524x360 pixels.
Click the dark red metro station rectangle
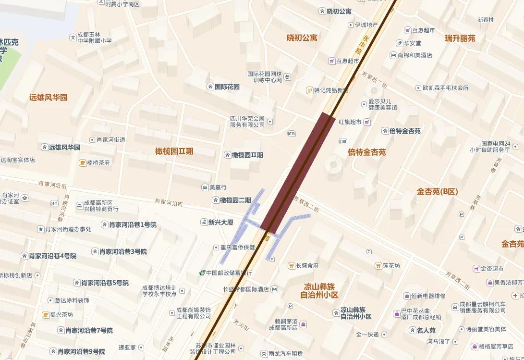coord(298,173)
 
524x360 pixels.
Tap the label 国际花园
coord(227,87)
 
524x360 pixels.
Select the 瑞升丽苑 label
coord(460,38)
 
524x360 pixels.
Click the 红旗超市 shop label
coord(350,122)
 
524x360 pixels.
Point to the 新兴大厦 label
coord(220,222)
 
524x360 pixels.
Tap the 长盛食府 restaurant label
coord(307,266)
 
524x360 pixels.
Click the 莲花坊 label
coord(391,266)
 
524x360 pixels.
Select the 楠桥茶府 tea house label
coord(98,163)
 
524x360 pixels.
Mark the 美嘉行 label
coord(218,187)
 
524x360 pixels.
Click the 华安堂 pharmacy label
coord(412,43)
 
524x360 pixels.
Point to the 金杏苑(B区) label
coord(438,192)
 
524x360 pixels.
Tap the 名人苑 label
coord(426,331)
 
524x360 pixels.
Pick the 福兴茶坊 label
coord(61,315)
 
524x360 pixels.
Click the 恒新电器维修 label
coord(428,296)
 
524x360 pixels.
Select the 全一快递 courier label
coord(367,335)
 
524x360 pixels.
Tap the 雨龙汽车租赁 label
coord(285,354)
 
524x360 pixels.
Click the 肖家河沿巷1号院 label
coord(133,224)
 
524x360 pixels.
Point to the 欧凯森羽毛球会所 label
coord(445,88)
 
